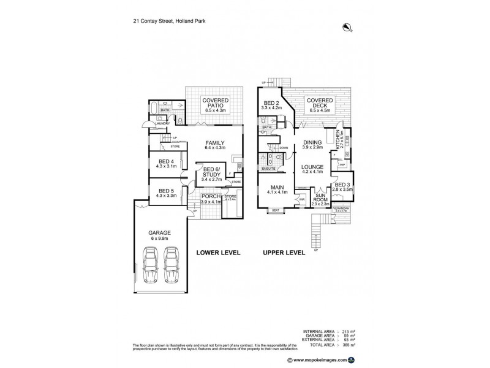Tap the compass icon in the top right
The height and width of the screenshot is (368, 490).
[347, 26]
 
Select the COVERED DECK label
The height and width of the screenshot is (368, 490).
[320, 102]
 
